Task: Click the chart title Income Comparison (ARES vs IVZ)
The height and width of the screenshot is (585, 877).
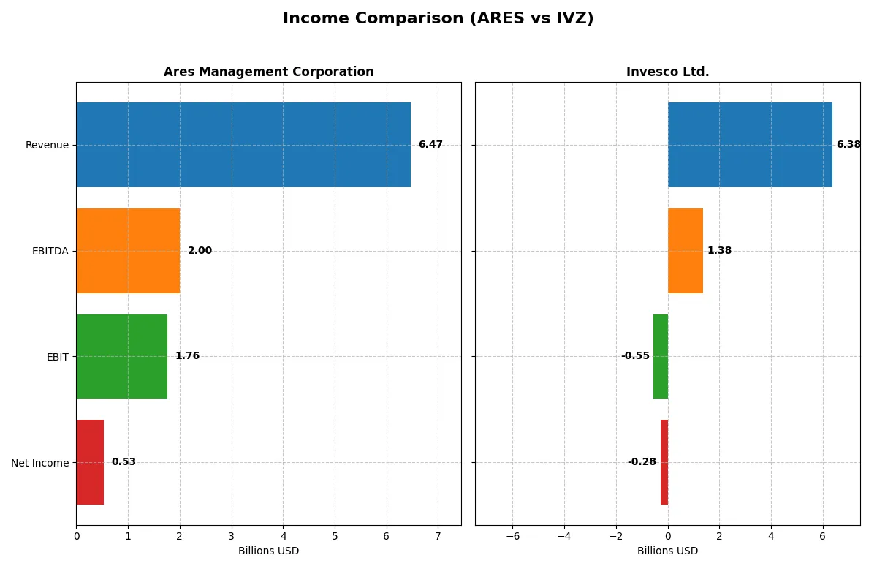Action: (438, 19)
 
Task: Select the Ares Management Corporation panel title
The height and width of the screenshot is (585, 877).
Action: (268, 72)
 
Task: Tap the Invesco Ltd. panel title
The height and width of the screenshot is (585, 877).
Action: (667, 72)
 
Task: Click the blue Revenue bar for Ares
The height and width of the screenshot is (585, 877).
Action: (243, 145)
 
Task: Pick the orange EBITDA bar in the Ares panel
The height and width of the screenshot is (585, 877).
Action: (128, 251)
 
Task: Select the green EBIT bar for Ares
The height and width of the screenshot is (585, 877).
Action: (122, 356)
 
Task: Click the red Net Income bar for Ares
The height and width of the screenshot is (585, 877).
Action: (90, 462)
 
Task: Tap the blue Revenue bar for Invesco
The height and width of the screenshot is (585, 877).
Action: (750, 145)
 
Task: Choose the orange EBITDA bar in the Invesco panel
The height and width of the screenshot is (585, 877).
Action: (686, 251)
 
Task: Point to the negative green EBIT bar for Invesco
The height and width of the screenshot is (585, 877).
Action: (661, 356)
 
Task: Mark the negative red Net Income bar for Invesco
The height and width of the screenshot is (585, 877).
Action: (664, 462)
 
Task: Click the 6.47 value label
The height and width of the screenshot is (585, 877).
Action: (430, 145)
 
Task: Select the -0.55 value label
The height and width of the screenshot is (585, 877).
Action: (635, 356)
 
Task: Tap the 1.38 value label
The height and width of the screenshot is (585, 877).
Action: (719, 251)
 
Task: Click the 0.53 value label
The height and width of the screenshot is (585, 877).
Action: (124, 462)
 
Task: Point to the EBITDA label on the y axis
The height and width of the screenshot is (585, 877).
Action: (50, 251)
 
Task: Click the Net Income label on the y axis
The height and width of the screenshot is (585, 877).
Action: (40, 463)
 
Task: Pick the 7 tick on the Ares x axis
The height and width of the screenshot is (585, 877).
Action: (438, 536)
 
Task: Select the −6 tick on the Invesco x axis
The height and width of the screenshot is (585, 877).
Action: (512, 536)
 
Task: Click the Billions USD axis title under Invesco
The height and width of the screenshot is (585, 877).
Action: (667, 551)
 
